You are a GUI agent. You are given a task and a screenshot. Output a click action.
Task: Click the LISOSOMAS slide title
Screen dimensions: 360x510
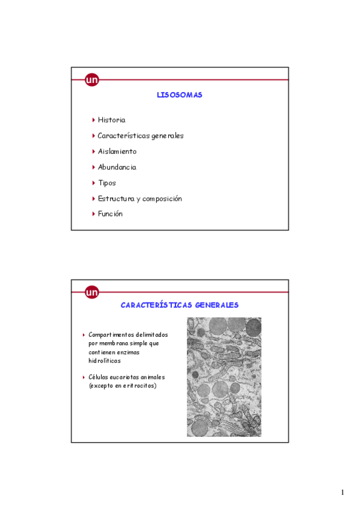(179, 95)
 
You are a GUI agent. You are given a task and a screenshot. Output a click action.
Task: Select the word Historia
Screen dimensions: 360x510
(111, 120)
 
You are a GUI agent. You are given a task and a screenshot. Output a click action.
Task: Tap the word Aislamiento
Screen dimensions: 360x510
(117, 152)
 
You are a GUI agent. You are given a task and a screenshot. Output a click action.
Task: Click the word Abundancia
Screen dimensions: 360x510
(117, 167)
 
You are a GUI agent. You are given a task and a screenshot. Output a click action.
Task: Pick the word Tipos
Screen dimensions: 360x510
(107, 183)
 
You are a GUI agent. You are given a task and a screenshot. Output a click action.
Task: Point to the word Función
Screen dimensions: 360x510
(110, 214)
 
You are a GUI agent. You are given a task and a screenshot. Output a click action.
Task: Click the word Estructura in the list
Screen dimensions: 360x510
(115, 198)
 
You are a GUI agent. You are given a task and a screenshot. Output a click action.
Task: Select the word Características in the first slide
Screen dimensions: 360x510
(123, 136)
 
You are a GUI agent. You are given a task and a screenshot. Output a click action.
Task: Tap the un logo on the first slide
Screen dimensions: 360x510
(92, 80)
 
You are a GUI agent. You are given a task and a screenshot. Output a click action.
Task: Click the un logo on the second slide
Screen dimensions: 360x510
(92, 293)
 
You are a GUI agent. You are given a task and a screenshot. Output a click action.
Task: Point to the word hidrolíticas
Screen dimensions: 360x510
(105, 361)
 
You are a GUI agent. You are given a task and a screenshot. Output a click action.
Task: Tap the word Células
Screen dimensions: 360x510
(100, 377)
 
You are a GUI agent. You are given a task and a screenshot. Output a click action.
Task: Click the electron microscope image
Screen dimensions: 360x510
(224, 377)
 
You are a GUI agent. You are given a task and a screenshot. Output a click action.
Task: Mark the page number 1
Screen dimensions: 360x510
(342, 493)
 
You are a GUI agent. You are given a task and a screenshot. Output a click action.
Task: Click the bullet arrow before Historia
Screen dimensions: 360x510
(93, 120)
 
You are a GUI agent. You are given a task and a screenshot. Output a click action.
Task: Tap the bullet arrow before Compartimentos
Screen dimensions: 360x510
(84, 334)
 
